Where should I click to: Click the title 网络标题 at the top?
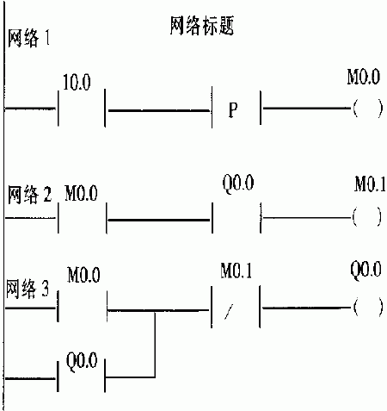202,26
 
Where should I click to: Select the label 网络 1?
28,38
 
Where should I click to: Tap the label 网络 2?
29,195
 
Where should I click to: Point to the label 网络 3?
28,288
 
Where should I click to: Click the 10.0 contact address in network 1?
77,83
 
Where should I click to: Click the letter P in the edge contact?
233,109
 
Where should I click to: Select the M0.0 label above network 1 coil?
364,77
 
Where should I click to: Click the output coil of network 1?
368,109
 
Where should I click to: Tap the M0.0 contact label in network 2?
81,193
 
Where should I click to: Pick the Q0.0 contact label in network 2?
238,183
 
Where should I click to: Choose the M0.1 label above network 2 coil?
370,184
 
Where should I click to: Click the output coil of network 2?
367,217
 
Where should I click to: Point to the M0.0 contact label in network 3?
83,275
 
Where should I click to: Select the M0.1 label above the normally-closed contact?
236,271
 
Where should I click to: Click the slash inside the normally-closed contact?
229,312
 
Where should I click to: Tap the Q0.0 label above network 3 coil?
365,270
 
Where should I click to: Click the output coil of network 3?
368,308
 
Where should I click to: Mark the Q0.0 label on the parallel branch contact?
82,361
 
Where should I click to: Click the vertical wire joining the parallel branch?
155,345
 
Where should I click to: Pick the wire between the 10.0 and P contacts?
158,110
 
